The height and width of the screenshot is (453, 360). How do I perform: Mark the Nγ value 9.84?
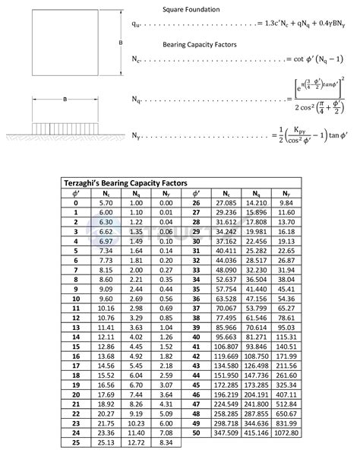tap(286, 203)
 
